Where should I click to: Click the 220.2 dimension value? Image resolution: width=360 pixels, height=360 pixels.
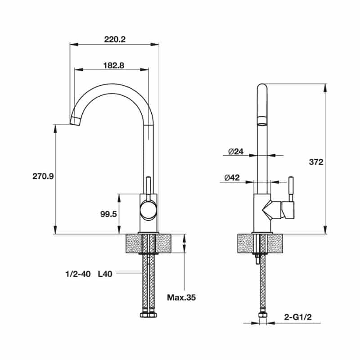click(115, 40)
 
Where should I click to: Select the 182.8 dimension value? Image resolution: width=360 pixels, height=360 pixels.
click(114, 66)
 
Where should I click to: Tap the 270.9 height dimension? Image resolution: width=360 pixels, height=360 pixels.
click(43, 176)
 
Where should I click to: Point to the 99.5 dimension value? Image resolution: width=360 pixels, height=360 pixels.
click(108, 214)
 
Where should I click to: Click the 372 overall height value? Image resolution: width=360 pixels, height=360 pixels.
click(316, 162)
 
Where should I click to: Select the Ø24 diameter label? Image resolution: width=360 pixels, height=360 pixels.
click(236, 152)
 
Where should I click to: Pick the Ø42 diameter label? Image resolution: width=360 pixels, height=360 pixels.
click(232, 177)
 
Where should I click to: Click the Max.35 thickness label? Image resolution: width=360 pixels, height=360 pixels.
click(181, 297)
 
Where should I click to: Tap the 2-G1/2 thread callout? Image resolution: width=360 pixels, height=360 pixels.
click(298, 317)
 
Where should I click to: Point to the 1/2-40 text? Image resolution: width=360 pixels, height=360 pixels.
click(78, 274)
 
